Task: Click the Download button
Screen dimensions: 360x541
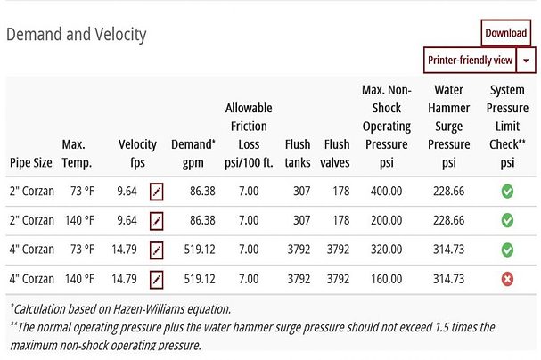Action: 505,33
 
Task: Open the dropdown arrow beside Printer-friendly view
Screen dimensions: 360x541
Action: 527,60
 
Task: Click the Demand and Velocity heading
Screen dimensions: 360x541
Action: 77,35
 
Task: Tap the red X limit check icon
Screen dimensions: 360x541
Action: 507,280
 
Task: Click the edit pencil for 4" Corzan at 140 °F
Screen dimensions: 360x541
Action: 157,280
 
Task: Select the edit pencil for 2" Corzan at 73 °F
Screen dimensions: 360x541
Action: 157,191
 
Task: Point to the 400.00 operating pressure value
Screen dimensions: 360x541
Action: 386,191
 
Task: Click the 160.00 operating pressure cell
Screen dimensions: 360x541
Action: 386,280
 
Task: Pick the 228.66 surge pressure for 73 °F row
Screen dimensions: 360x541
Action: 448,191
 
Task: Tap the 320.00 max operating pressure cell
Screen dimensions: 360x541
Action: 386,250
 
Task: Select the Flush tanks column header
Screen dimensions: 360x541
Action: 298,153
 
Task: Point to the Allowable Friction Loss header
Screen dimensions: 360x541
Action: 247,135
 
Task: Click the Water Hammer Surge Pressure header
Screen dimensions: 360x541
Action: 448,127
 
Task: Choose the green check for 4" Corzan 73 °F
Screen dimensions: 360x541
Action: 507,250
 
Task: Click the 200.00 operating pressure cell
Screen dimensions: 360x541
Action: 386,220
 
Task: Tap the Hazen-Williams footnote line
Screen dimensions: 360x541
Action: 120,309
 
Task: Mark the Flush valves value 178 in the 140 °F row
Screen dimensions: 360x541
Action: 338,220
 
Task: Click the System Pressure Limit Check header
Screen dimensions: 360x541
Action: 507,127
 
